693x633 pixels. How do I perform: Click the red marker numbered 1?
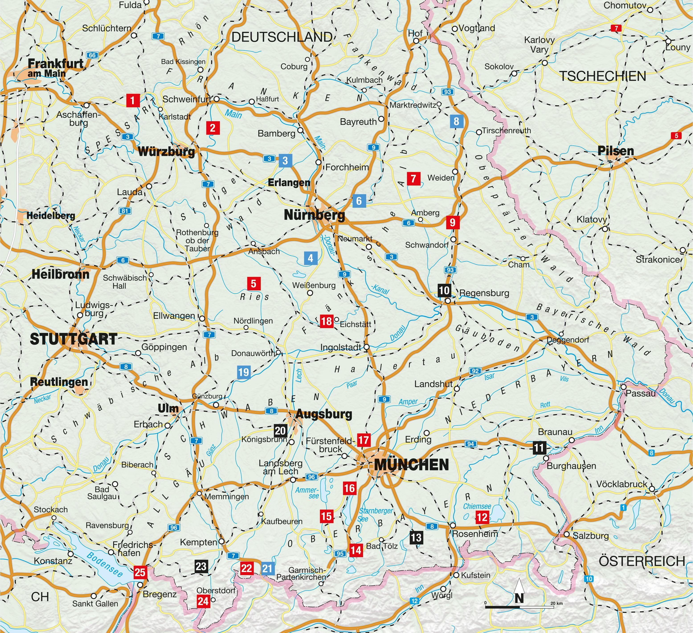pos(133,100)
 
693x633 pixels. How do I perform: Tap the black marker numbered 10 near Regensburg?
pos(444,290)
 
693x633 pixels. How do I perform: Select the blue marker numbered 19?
pos(243,372)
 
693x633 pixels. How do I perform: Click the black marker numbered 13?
pos(416,537)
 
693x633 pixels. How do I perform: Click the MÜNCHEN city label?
pos(411,465)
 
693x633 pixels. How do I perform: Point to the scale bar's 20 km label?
pos(556,603)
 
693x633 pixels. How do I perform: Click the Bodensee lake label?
pos(104,565)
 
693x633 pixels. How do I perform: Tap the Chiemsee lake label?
pos(477,506)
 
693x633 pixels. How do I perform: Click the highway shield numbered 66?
pos(92,55)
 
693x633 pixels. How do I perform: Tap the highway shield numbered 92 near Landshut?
pos(475,371)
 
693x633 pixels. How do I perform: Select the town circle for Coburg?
pos(307,59)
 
